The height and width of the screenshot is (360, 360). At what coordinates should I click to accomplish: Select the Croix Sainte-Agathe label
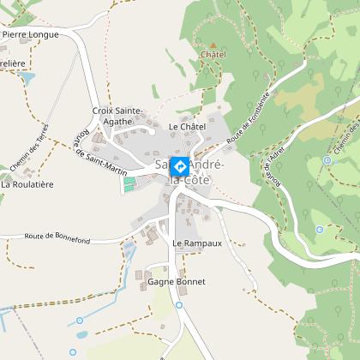(x=117, y=116)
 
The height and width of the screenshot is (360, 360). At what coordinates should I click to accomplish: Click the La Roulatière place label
(x=27, y=183)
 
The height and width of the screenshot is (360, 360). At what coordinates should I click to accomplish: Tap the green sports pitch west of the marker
(x=129, y=183)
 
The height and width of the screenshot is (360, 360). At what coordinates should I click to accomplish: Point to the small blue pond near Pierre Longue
(x=26, y=77)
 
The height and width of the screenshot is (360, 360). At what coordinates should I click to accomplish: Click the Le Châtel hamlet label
(x=188, y=127)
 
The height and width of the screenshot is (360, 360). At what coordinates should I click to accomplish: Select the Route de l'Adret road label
(x=274, y=166)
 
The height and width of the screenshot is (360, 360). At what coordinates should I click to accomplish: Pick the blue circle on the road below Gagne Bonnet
(x=178, y=304)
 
